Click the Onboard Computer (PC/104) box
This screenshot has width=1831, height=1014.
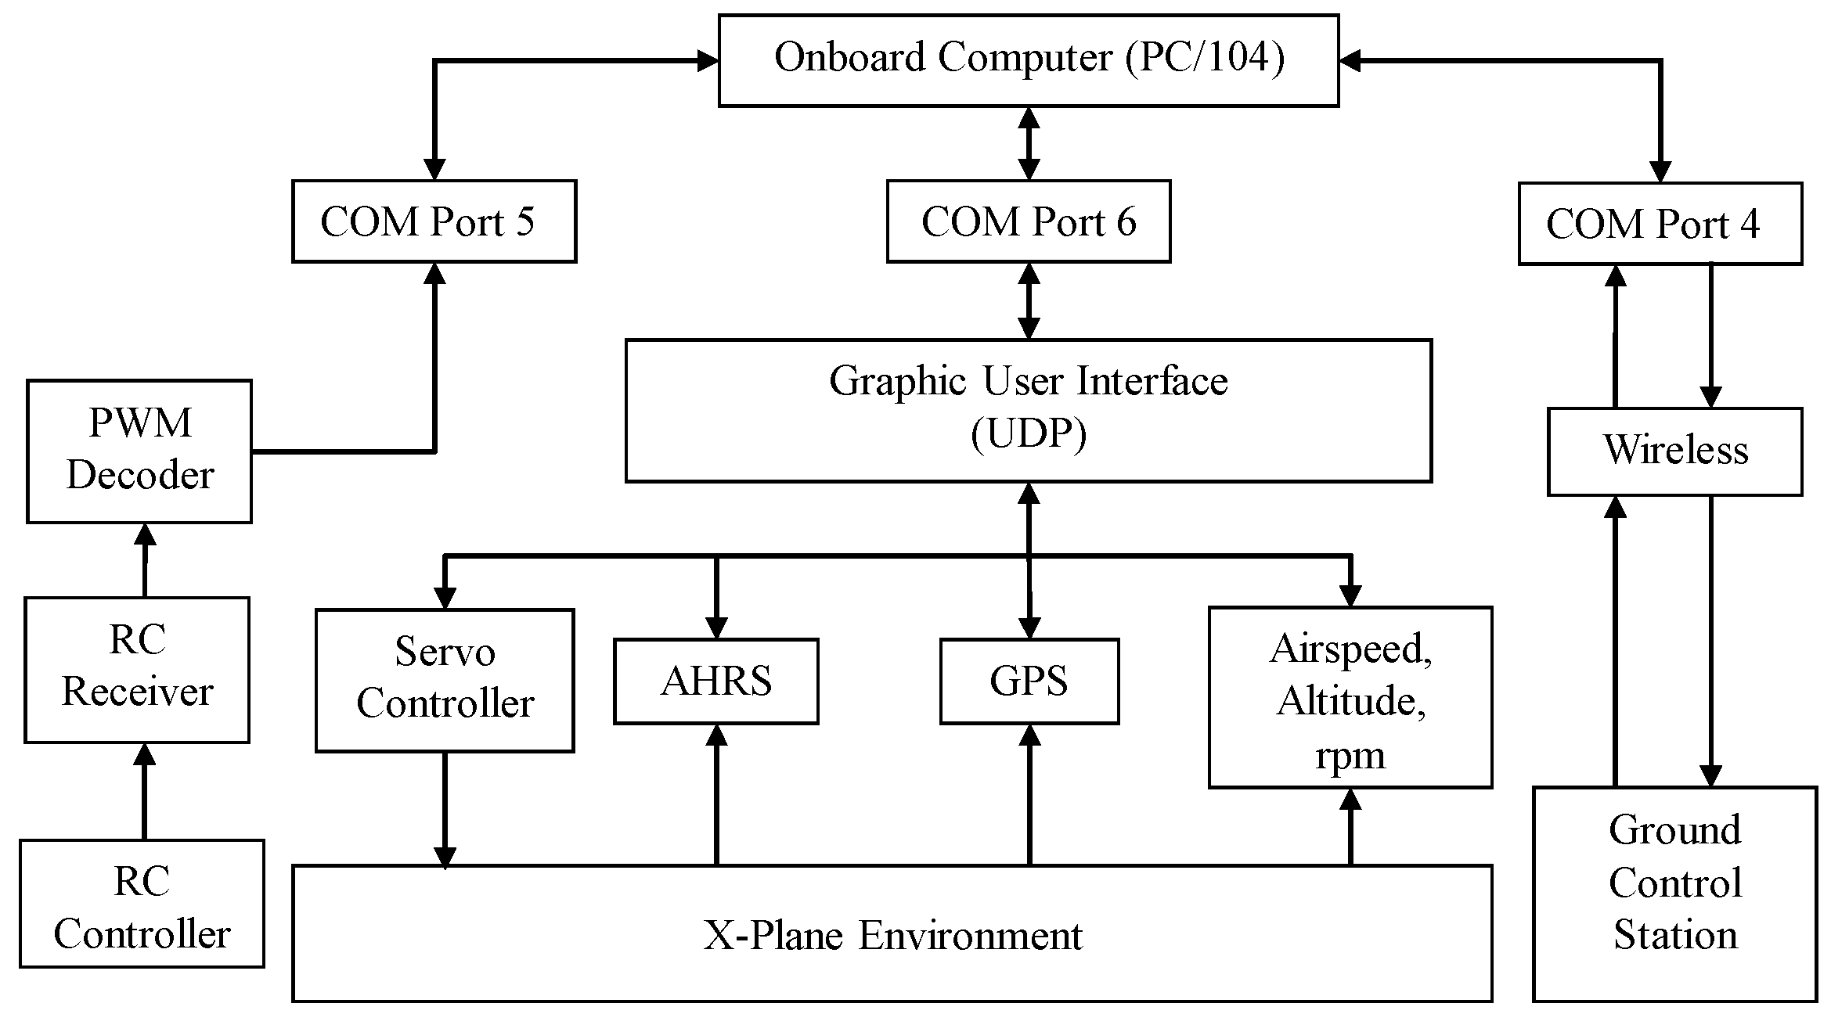coord(1028,60)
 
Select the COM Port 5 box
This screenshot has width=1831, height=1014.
coord(434,221)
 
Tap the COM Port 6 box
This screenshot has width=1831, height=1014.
coord(1028,221)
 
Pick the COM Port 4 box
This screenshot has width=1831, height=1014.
coord(1660,224)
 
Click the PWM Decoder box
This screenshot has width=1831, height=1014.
coord(139,451)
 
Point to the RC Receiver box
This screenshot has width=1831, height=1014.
coord(137,670)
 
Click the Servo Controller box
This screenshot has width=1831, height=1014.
coord(445,680)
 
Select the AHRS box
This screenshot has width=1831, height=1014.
coord(715,681)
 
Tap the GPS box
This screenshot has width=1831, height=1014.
coord(1029,681)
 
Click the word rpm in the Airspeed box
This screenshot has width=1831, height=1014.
coord(1350,755)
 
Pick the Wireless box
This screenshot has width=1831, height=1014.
coord(1674,451)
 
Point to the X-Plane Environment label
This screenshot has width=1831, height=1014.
coord(892,935)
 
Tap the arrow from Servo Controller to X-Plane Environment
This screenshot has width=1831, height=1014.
coord(445,810)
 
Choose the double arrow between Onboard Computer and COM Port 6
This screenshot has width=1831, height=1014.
coord(1029,144)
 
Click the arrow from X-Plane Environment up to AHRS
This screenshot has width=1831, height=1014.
coord(716,794)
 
